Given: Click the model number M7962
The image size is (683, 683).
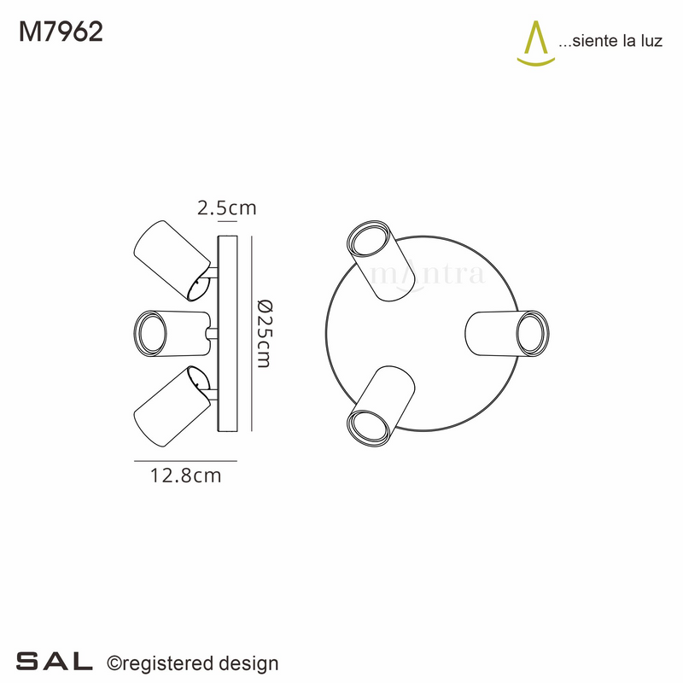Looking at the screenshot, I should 61,32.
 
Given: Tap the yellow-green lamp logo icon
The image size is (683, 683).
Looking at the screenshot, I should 537,44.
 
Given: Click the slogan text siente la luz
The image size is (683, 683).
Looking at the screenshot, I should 610,42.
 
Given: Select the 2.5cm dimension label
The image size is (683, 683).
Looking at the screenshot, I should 226,207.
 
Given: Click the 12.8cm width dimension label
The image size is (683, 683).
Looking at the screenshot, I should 184,476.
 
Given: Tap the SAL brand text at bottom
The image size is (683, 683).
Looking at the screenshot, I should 55,662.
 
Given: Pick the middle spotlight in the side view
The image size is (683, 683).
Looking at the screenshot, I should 170,330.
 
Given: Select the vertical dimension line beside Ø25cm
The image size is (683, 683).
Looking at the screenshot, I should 253,333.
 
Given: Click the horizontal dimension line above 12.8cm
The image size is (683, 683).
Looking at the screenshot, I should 184,461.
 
